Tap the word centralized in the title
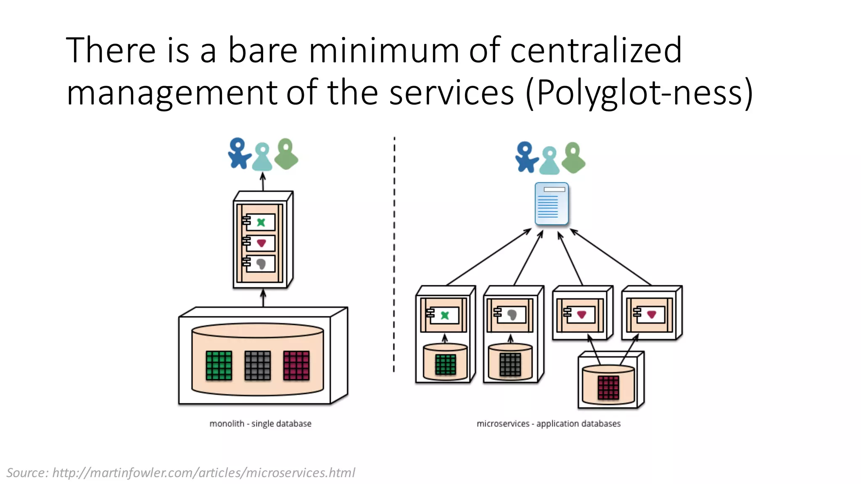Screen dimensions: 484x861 (x=596, y=50)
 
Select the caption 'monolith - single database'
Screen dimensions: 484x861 (x=260, y=423)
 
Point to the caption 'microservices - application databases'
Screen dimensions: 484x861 (x=548, y=423)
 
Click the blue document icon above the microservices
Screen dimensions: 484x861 (x=552, y=204)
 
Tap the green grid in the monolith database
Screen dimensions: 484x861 (x=219, y=366)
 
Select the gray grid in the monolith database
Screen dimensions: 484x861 (x=257, y=366)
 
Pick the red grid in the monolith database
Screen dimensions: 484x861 (x=296, y=366)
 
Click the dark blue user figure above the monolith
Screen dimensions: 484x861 (x=239, y=153)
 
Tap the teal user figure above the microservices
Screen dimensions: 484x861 (x=549, y=160)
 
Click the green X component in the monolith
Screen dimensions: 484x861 (x=261, y=222)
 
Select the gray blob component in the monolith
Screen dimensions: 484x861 (x=261, y=264)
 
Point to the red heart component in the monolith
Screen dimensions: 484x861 (x=261, y=243)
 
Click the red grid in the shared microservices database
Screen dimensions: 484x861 (x=608, y=387)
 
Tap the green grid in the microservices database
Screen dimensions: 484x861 (x=445, y=364)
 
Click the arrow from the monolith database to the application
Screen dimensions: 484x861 (x=263, y=298)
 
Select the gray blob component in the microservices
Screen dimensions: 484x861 (x=512, y=315)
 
